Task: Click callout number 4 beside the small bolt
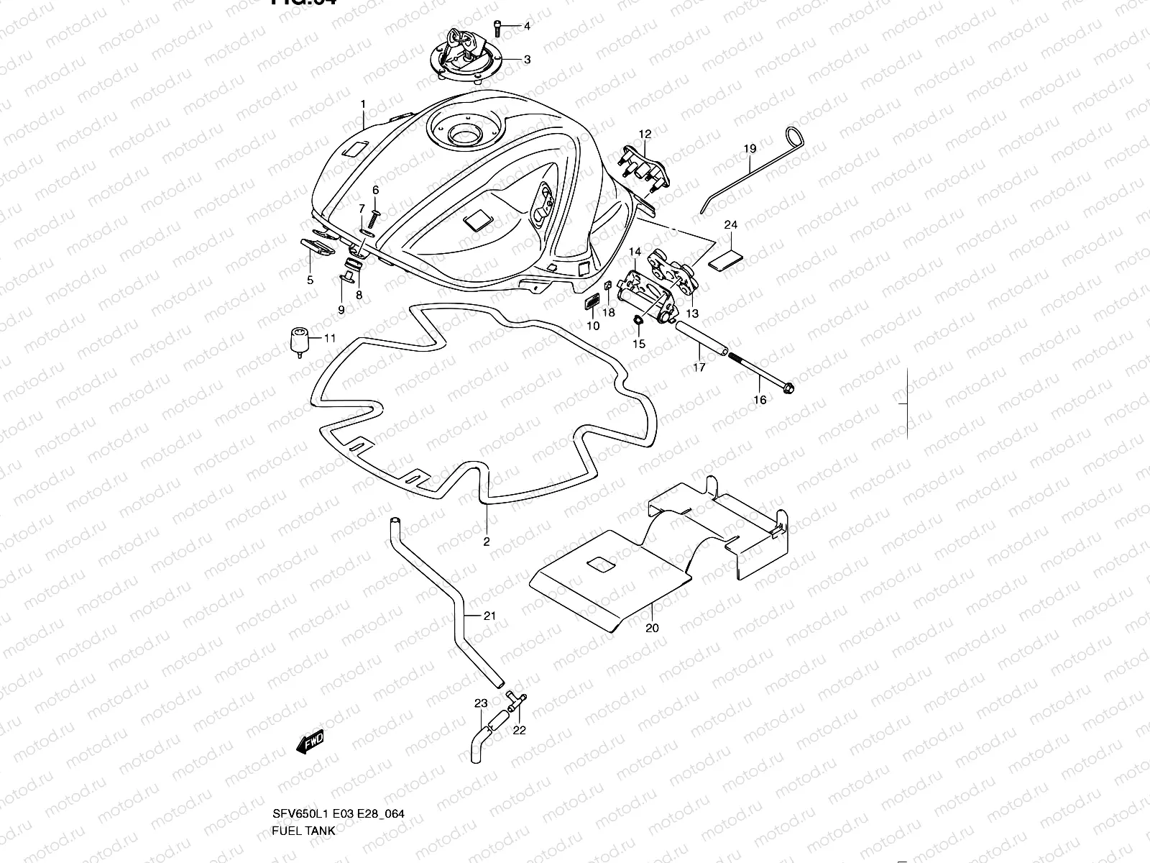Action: pyautogui.click(x=526, y=27)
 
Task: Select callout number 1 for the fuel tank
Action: pyautogui.click(x=364, y=104)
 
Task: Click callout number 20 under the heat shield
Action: pyautogui.click(x=653, y=628)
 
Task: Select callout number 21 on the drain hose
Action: pyautogui.click(x=489, y=616)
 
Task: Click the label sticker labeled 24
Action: pyautogui.click(x=726, y=257)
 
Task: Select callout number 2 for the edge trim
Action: pyautogui.click(x=487, y=542)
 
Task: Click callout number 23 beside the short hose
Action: pyautogui.click(x=481, y=703)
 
